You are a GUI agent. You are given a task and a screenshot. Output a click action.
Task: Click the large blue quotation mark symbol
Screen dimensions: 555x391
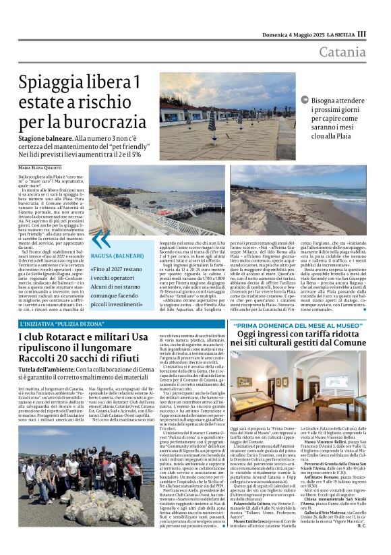[101, 238]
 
